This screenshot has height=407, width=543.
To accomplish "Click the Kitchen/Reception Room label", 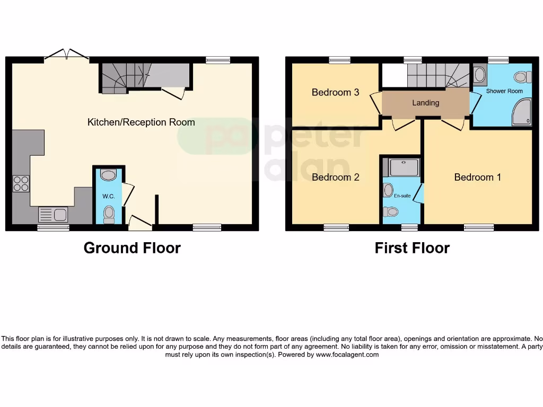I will click(x=141, y=122).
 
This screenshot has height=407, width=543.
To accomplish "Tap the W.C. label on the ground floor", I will click(x=109, y=196).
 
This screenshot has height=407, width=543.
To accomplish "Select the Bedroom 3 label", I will click(x=335, y=92).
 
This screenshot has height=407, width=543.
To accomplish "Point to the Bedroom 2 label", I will click(x=335, y=177).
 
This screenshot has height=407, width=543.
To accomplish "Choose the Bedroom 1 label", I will click(x=477, y=177).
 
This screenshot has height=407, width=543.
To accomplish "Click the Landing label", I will click(x=425, y=103).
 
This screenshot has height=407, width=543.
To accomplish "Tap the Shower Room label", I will click(x=504, y=91).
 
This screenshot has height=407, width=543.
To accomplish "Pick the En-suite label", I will click(x=402, y=196).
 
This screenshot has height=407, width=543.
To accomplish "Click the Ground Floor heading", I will click(x=132, y=247).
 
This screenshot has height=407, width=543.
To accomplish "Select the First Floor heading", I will click(x=412, y=247).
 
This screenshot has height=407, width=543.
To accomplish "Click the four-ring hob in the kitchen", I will click(x=21, y=183).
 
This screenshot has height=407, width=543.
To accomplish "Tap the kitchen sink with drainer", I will click(x=52, y=215).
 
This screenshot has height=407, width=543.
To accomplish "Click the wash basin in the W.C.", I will click(x=109, y=175).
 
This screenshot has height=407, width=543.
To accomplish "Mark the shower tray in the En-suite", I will click(x=404, y=167).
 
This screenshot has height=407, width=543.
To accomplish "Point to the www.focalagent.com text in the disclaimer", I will click(x=347, y=355).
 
